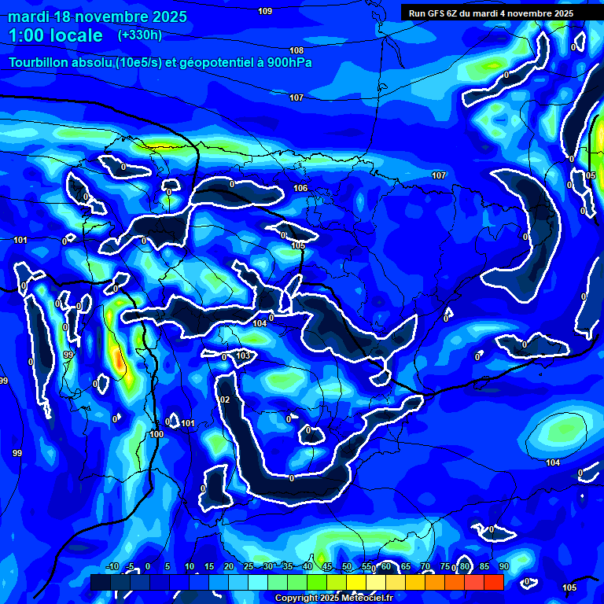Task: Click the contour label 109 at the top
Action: coord(265,11)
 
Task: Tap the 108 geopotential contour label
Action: coord(296,50)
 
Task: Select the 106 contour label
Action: coord(300,188)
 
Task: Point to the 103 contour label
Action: coord(243,355)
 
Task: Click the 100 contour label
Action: coord(157,433)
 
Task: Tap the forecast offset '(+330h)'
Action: coord(140,35)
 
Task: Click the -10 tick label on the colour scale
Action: coord(112,567)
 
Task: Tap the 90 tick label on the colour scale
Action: coord(503,567)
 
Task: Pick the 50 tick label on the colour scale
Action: coord(347,567)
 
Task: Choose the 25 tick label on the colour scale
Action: coord(249,567)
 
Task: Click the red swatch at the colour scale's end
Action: coord(493,582)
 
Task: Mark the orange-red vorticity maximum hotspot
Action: coord(118,361)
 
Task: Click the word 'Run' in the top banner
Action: coord(418,13)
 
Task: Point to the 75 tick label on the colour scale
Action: coord(445,567)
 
